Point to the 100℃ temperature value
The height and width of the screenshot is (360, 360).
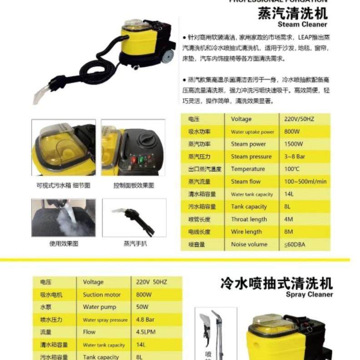291,169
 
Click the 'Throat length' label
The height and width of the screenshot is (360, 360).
249,219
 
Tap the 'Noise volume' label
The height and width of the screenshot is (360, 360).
249,244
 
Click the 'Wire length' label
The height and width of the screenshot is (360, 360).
246,232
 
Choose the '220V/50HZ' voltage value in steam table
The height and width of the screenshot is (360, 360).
298,119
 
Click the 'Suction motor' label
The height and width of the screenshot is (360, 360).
102,295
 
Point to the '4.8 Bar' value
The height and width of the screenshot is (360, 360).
145,320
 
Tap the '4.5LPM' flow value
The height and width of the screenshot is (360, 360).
146,332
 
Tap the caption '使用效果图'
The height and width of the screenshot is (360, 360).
64,243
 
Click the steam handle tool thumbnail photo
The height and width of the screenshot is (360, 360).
134,217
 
